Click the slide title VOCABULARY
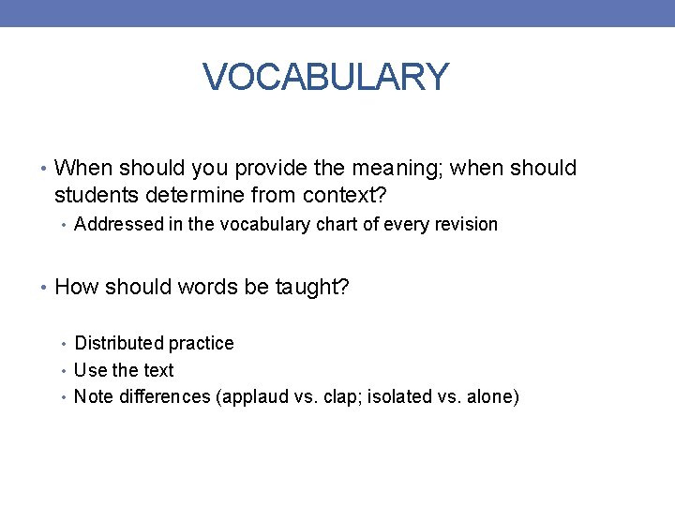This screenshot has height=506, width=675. click(326, 77)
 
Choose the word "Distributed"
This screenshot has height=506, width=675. click(117, 344)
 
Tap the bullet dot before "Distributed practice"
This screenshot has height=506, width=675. click(65, 344)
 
